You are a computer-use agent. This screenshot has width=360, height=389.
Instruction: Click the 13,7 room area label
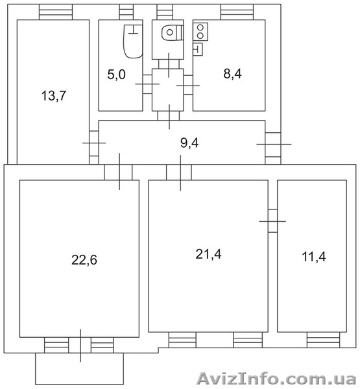click(54, 96)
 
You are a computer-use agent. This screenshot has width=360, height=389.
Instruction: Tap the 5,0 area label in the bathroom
click(117, 75)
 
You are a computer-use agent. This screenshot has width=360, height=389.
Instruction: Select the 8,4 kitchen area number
click(232, 74)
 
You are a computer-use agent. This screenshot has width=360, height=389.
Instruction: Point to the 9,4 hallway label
click(189, 143)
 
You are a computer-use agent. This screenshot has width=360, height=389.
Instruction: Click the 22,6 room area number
click(84, 260)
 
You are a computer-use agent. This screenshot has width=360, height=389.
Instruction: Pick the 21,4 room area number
click(208, 254)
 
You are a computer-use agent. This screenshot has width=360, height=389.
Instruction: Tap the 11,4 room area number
click(314, 257)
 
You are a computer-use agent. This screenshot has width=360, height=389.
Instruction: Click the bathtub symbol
click(133, 41)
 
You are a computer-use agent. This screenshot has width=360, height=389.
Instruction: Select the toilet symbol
click(173, 32)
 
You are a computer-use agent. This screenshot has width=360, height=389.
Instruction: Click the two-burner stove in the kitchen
click(200, 32)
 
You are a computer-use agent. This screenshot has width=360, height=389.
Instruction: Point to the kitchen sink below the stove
click(198, 49)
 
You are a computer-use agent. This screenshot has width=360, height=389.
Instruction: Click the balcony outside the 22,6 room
click(79, 369)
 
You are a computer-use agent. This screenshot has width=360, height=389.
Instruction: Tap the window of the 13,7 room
click(56, 12)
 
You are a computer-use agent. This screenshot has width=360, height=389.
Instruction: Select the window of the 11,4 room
click(323, 340)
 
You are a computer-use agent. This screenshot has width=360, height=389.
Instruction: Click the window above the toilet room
click(165, 12)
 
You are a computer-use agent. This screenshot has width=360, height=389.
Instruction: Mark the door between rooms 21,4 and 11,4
click(272, 221)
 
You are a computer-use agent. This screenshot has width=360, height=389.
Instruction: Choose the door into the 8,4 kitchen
click(188, 86)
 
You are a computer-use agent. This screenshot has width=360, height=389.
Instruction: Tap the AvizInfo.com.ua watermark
click(276, 379)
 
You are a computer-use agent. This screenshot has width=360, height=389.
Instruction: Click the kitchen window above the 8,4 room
click(237, 12)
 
